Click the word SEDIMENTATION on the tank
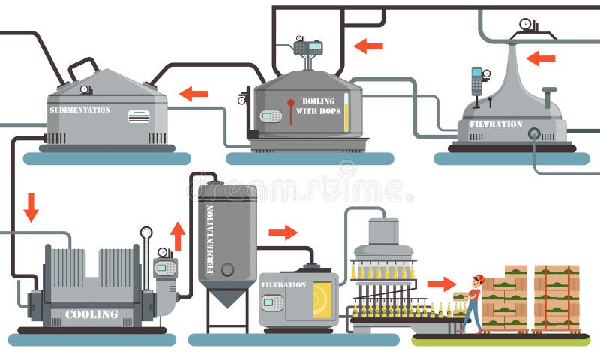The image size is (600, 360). click(80, 110)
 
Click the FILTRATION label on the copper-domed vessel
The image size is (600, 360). click(495, 124)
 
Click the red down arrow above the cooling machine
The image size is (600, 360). click(31, 207)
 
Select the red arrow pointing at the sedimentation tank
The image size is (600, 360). click(193, 94)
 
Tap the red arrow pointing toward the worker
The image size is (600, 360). click(442, 284)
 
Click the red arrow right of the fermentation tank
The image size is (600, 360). click(283, 232)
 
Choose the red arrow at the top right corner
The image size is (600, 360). click(540, 58)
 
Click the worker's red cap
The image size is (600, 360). click(478, 279)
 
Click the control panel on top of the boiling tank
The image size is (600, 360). click(307, 47)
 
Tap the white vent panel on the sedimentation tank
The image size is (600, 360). click(139, 116)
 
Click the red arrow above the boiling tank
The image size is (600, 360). click(368, 46)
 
